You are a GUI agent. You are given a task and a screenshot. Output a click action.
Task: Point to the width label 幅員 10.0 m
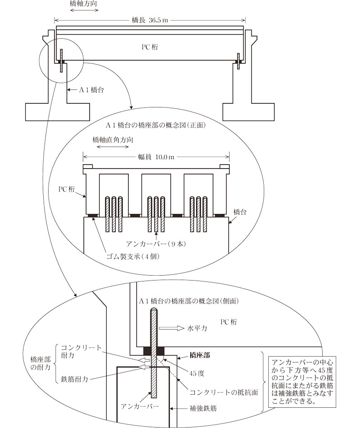pyautogui.click(x=156, y=157)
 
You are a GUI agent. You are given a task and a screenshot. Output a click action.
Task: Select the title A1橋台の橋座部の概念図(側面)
pyautogui.click(x=182, y=300)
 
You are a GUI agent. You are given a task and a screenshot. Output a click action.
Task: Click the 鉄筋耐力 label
pyautogui.click(x=74, y=379)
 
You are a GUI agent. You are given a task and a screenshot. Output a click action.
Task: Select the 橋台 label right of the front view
pyautogui.click(x=239, y=211)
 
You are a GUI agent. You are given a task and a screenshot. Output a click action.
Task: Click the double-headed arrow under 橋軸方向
pyautogui.click(x=83, y=10)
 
